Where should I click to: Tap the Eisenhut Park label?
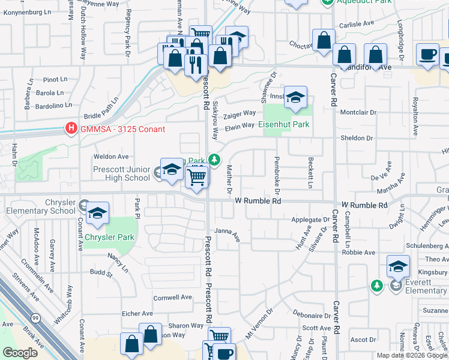click(284, 124)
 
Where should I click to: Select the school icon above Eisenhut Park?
click(295, 97)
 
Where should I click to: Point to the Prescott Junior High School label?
click(121, 174)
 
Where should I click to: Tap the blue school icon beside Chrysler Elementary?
click(97, 214)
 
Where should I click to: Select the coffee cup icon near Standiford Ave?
click(428, 55)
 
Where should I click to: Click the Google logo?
click(20, 353)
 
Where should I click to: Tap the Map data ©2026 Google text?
click(411, 355)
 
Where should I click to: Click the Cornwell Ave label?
click(172, 297)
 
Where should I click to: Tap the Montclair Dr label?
click(358, 112)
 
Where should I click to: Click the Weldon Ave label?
click(107, 157)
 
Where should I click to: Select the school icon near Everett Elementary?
click(398, 266)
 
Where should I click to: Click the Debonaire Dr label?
click(312, 315)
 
